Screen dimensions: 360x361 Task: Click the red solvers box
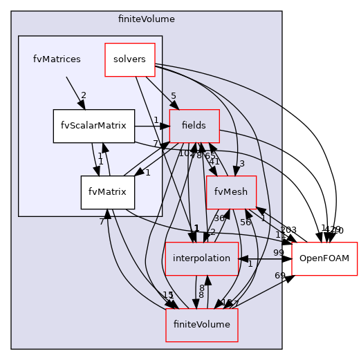tap(129, 59)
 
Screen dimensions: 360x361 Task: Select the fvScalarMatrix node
tap(93, 126)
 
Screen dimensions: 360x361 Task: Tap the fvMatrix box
tap(107, 192)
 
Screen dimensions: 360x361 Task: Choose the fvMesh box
tap(232, 192)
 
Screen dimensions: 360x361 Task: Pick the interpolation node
tap(201, 258)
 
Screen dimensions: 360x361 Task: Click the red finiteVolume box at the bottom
tap(201, 325)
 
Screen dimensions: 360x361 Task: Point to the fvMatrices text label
tap(57, 59)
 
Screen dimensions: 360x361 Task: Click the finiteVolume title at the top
tap(147, 19)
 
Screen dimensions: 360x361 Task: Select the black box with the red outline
tap(324, 259)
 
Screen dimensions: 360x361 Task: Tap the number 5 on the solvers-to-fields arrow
tap(174, 96)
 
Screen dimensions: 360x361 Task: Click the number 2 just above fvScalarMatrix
tap(84, 96)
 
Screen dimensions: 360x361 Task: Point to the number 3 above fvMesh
tap(243, 163)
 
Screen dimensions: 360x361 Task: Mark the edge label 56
tap(246, 222)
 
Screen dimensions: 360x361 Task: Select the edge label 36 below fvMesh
tap(219, 218)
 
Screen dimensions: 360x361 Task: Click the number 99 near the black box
tap(279, 253)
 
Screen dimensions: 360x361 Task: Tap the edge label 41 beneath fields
tap(214, 162)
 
